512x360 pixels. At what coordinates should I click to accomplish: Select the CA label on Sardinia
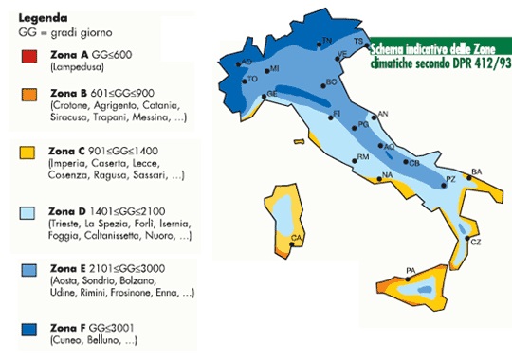tap(296, 238)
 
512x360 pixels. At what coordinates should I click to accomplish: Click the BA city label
tap(476, 171)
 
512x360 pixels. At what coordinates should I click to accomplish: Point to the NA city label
tap(387, 175)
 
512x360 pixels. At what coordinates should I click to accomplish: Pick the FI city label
tap(335, 114)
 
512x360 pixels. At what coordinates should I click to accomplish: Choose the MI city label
tap(274, 69)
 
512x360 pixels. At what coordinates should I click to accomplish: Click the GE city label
tap(272, 94)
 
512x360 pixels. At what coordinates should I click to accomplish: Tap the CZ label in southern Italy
tap(475, 243)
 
